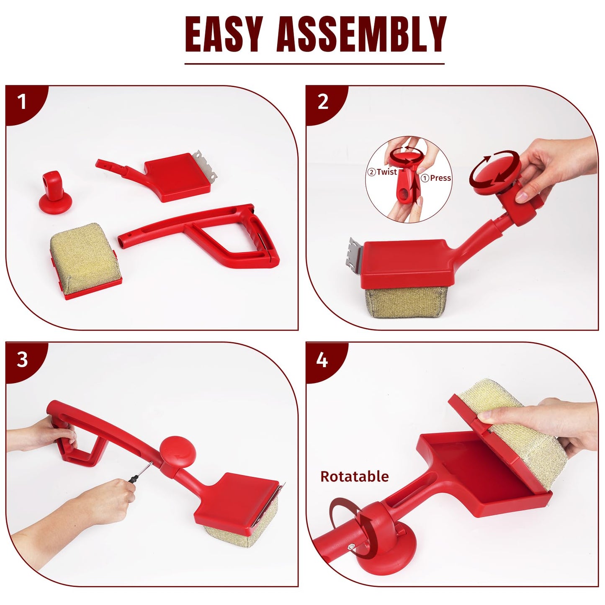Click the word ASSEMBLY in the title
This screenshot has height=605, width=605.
[361, 34]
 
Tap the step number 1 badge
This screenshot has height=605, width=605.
[22, 102]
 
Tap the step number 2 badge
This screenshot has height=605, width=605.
[323, 102]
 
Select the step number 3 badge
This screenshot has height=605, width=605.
[22, 359]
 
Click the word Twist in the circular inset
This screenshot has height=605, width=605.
[386, 172]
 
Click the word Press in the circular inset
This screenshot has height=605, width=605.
[440, 178]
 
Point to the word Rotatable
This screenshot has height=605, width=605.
[355, 476]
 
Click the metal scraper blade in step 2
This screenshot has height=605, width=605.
[356, 255]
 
